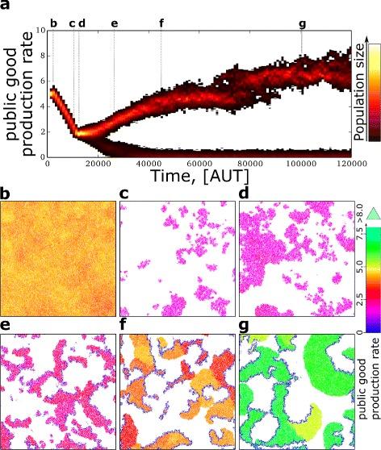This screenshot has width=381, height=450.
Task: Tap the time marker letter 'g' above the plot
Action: [302, 23]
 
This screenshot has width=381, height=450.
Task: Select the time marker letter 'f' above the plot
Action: [161, 23]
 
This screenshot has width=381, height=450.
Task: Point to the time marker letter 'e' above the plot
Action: [114, 23]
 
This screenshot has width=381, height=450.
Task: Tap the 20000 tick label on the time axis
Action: [98, 166]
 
